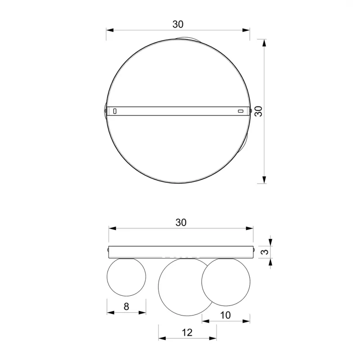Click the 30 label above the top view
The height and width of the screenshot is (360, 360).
[x=178, y=24]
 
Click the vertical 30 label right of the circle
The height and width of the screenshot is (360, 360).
[x=258, y=111]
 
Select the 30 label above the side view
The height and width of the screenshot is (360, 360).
[x=181, y=222]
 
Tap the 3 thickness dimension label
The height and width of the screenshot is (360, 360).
[x=265, y=252]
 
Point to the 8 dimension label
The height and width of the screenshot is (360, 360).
[x=126, y=306]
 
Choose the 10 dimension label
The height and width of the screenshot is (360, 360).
[x=225, y=315]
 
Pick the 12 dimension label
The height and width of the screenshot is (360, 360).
[x=187, y=333]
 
